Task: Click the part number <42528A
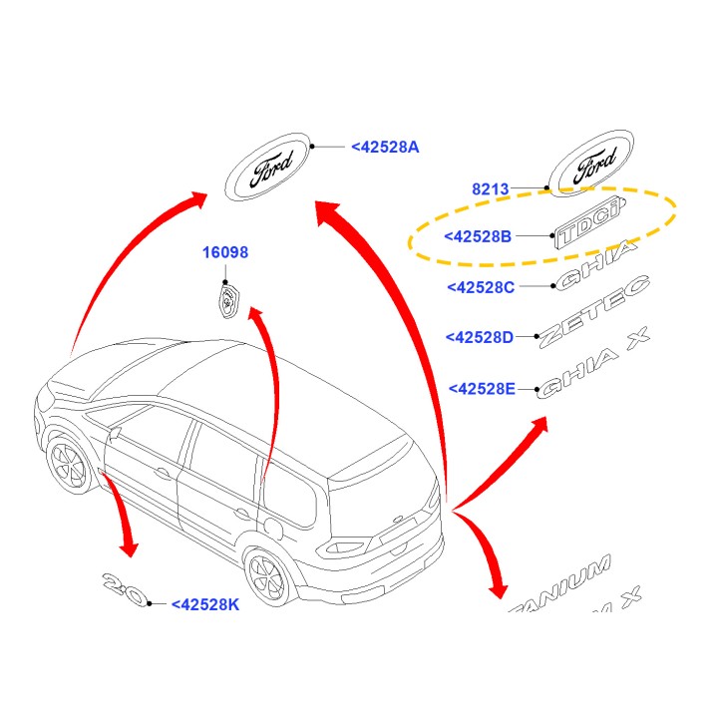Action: coord(385,147)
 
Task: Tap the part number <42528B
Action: coord(478,236)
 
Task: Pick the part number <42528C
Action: coord(481,287)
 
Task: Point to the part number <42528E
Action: coord(482,388)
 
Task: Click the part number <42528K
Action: coord(205,603)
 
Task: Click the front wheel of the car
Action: coord(69,466)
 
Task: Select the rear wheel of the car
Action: coord(267,580)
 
